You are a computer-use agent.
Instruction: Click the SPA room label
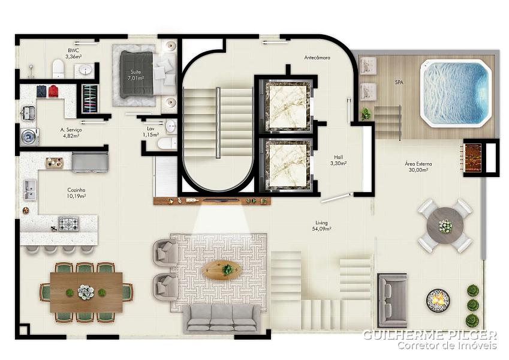[399, 83]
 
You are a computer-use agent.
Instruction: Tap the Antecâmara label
[317, 58]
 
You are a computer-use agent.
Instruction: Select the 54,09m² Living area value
[321, 229]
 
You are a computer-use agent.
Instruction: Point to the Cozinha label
[76, 190]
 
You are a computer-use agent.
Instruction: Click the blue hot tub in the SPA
[456, 93]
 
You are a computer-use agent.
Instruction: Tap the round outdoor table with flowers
[445, 226]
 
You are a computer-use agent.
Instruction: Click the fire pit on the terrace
[438, 300]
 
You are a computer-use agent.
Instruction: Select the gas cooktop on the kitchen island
[68, 224]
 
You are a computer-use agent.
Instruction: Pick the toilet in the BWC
[58, 68]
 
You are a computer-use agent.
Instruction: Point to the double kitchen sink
[30, 190]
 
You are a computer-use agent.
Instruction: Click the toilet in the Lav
[167, 143]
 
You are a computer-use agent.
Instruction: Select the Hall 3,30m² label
[338, 161]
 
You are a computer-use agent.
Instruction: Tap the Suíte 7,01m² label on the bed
[135, 75]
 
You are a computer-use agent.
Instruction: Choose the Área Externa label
[418, 164]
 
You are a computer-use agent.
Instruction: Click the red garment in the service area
[53, 91]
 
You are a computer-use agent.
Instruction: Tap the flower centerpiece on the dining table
[86, 292]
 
